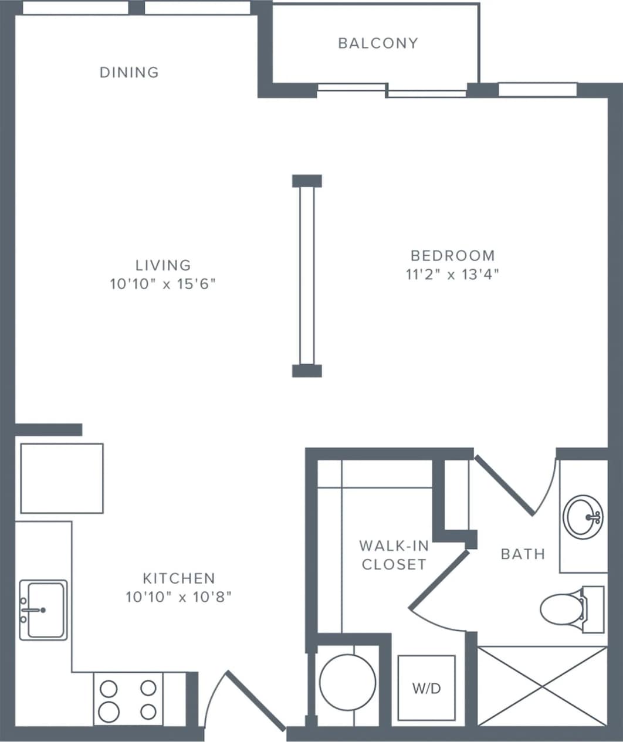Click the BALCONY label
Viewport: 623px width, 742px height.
point(378,43)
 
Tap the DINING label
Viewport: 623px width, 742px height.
point(129,72)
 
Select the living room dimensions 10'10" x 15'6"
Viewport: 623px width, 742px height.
point(163,284)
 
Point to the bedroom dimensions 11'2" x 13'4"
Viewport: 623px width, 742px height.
point(452,274)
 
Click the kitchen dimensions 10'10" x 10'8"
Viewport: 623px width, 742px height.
point(179,597)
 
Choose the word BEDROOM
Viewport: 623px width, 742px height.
point(452,256)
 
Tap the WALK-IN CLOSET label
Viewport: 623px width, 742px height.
point(394,555)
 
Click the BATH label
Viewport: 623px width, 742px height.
point(523,554)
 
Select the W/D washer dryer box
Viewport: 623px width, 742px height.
point(426,688)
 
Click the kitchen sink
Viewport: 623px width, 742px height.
point(43,610)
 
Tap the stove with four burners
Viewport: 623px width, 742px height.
point(128,699)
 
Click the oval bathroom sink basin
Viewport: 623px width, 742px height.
point(583,517)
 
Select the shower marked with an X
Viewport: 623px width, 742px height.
point(542,685)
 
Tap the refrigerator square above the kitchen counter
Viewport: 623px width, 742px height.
point(62,479)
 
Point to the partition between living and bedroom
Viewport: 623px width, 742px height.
point(307,276)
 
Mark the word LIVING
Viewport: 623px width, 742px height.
point(163,265)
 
